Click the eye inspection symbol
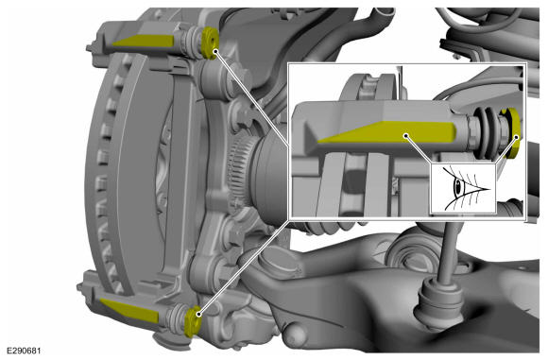[x=463, y=189]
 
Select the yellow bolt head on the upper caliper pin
[x=210, y=43]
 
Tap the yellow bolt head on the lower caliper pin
[x=193, y=321]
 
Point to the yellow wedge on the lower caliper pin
[x=129, y=310]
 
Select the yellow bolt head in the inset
[x=511, y=133]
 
